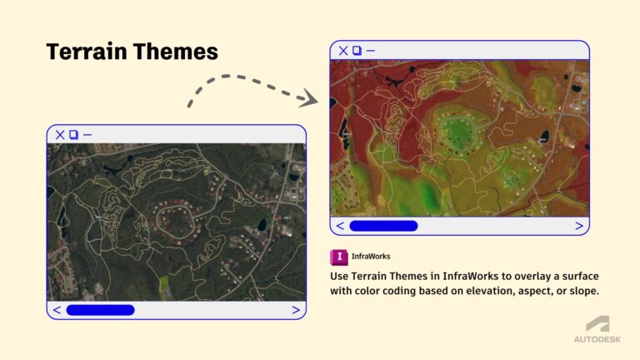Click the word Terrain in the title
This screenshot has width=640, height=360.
(x=82, y=52)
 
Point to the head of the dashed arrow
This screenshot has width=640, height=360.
(x=311, y=99)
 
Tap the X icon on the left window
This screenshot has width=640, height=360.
(x=60, y=134)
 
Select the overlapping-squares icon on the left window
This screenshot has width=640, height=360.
(x=73, y=134)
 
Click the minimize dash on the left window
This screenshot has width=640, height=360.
(x=87, y=134)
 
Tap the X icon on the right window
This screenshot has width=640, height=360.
(x=343, y=51)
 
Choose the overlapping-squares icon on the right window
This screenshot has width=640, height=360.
(x=357, y=51)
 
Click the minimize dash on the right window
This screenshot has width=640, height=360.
(x=370, y=51)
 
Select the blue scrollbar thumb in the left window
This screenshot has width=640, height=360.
(x=100, y=310)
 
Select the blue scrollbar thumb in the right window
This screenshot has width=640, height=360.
(x=383, y=226)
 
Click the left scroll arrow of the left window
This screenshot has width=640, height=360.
(x=57, y=310)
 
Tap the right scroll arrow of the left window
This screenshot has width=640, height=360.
(x=295, y=310)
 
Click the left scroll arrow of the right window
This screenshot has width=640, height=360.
(x=340, y=226)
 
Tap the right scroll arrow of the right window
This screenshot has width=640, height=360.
(x=579, y=226)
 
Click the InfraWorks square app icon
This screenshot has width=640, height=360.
(x=339, y=256)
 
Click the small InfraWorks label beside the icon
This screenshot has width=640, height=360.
(x=371, y=257)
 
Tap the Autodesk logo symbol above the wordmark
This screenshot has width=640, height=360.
(x=597, y=324)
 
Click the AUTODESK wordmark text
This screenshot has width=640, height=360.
(x=597, y=340)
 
